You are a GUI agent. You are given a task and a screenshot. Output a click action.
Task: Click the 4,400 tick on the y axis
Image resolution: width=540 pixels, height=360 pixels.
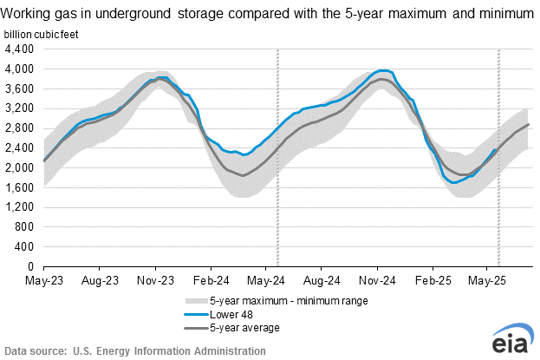(20, 49)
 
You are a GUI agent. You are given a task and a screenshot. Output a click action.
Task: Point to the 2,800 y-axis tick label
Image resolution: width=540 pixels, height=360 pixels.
(20, 128)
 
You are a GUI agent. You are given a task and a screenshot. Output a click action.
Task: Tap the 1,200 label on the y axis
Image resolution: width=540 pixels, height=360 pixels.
(20, 207)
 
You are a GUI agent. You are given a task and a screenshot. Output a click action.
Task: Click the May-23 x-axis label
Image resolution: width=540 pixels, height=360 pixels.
(43, 281)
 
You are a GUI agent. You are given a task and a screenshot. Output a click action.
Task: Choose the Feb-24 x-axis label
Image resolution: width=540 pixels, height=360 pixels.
(210, 281)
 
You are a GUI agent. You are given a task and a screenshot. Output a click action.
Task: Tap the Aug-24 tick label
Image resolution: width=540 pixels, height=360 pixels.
(321, 281)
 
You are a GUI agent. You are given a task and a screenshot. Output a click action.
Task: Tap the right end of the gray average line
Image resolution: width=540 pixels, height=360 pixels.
(528, 125)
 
